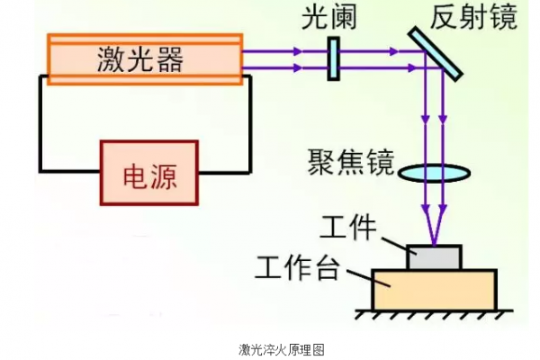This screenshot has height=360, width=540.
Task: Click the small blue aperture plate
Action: click(x=332, y=58)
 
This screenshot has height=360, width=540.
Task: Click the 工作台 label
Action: click(x=297, y=267)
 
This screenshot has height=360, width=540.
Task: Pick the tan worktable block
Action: click(x=435, y=289)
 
